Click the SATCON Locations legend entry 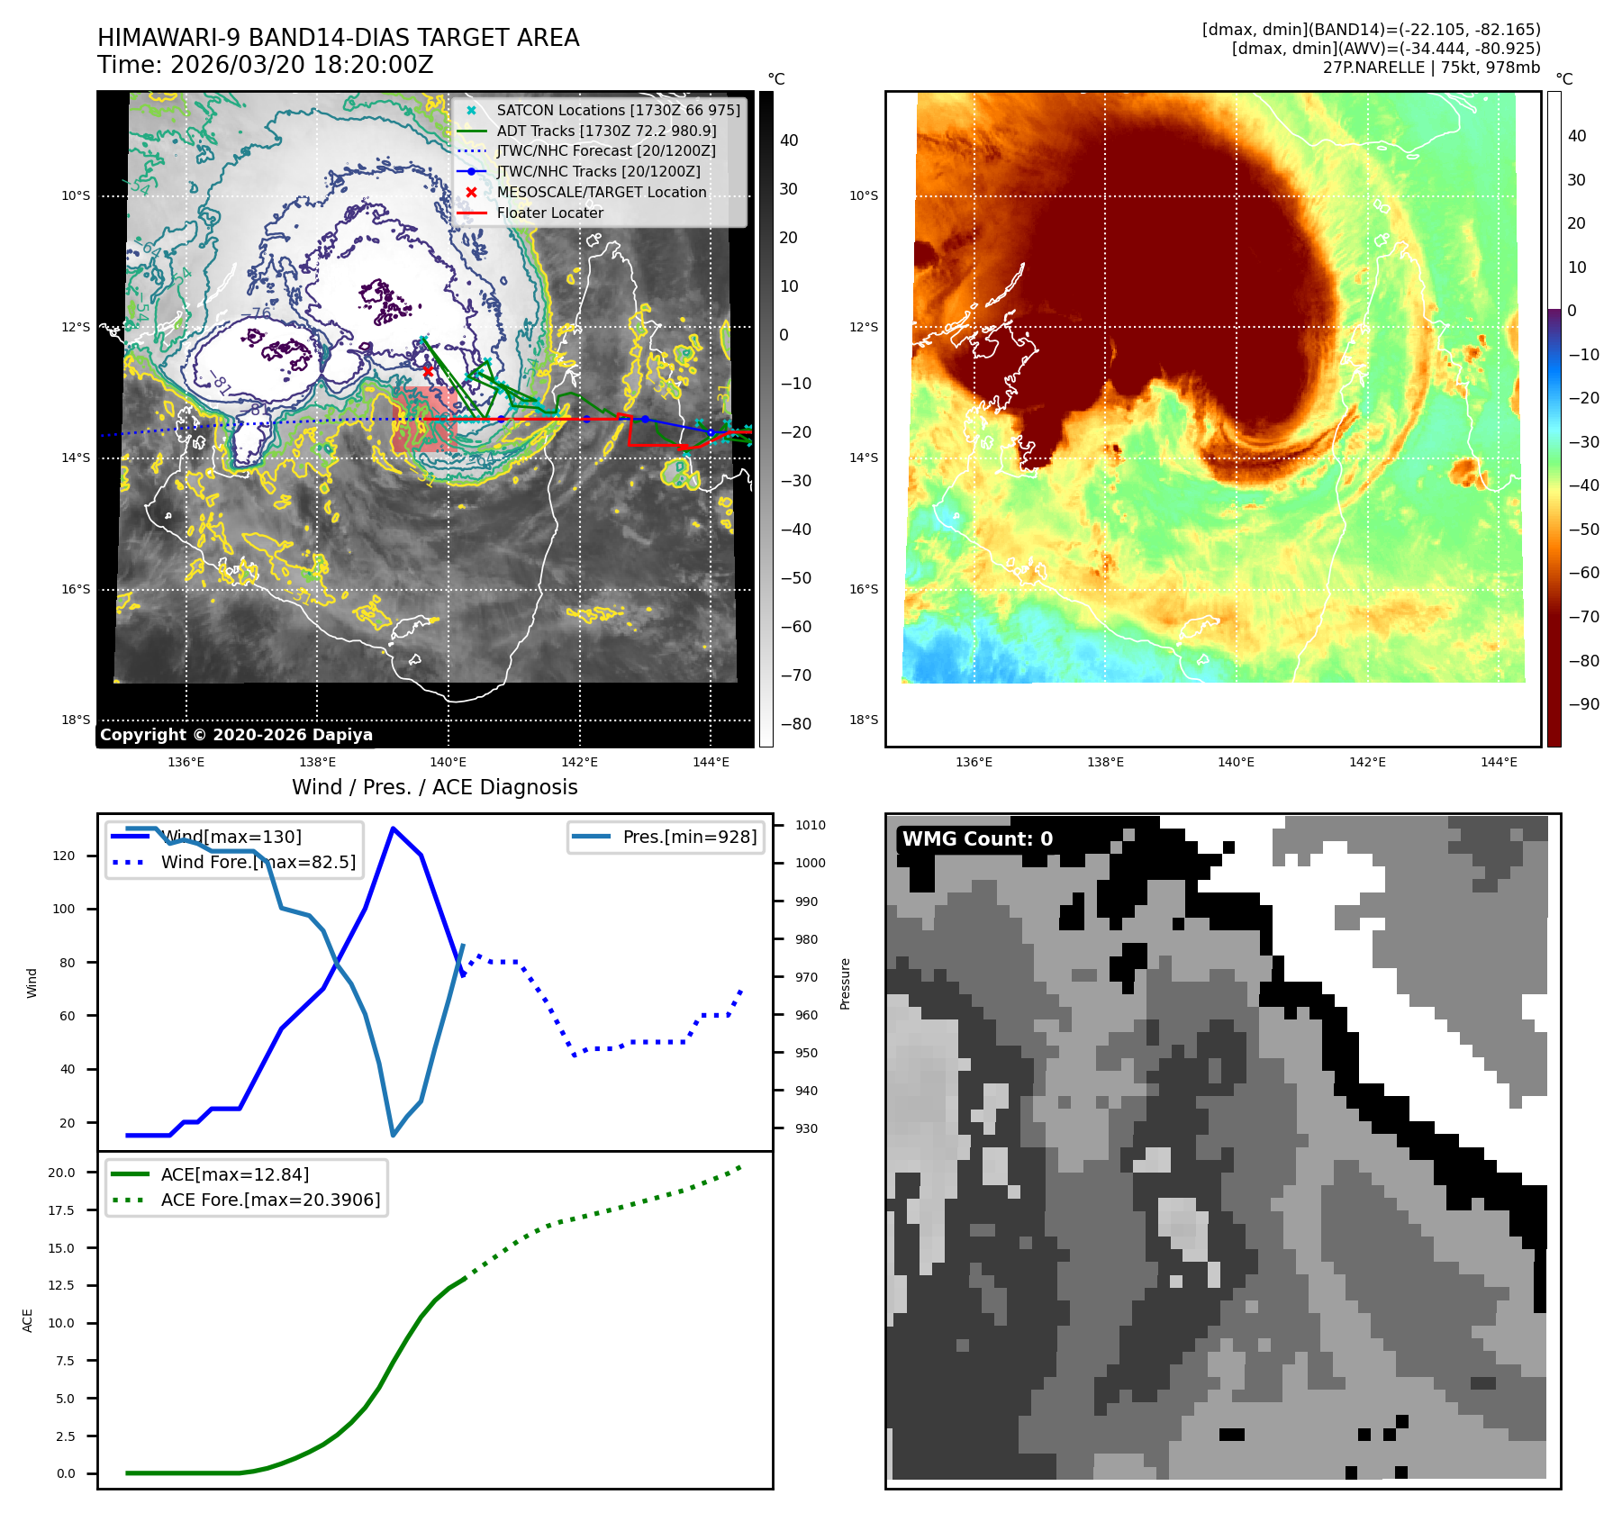(618, 110)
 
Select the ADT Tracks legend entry (606, 131)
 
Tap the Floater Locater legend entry (549, 213)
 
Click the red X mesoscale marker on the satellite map (428, 370)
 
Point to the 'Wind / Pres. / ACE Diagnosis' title (434, 787)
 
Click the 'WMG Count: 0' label (977, 839)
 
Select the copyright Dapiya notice (236, 735)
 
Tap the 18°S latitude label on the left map (76, 720)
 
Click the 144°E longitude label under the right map (1499, 762)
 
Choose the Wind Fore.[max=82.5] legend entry (258, 862)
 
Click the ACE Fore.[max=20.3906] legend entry (270, 1200)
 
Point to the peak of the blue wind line (393, 828)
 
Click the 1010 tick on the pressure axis (810, 825)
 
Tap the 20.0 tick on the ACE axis (62, 1173)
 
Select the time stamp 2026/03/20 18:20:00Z (301, 66)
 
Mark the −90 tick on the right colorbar (1583, 704)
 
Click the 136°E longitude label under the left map (186, 762)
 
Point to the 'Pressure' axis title (845, 983)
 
